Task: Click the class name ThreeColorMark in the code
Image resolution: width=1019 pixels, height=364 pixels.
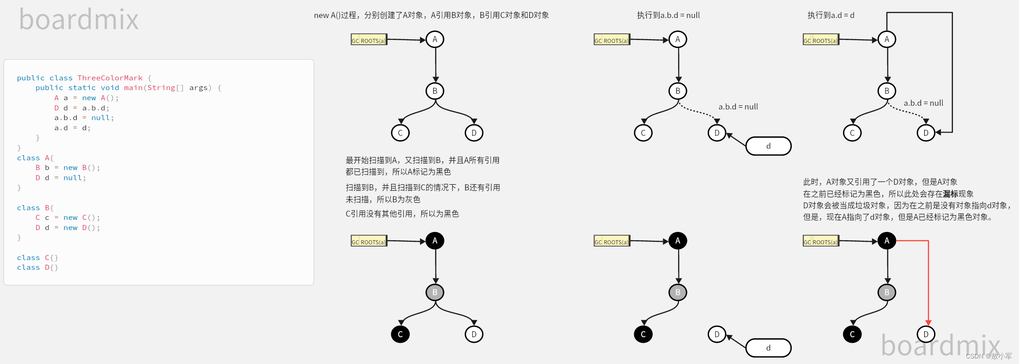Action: tap(110, 78)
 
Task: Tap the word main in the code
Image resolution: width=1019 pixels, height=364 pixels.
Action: tap(133, 88)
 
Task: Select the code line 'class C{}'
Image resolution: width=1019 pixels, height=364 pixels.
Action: tap(37, 258)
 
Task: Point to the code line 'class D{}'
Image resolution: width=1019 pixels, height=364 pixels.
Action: tap(37, 267)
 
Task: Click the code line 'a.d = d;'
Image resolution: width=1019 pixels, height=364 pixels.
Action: tap(73, 128)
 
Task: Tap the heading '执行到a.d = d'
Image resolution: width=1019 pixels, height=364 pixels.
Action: tap(831, 15)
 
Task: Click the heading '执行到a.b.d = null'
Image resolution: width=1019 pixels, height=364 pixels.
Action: tap(668, 15)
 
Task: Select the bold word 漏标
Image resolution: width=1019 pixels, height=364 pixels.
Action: tap(951, 194)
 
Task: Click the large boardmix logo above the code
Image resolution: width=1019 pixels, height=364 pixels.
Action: tap(79, 19)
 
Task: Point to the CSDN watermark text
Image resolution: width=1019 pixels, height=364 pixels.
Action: tap(989, 356)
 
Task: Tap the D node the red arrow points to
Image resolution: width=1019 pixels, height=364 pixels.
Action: tap(926, 334)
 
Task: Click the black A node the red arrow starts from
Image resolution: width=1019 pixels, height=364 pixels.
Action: tap(886, 241)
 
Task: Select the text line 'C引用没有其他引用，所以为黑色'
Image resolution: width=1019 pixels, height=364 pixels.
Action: tap(402, 214)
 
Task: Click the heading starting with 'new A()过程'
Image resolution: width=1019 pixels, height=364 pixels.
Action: tap(431, 15)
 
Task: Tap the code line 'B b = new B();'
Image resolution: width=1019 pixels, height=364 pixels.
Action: tap(67, 168)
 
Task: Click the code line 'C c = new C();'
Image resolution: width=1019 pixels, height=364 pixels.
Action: tap(67, 218)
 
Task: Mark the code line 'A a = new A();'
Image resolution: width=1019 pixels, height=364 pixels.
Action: tap(86, 98)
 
